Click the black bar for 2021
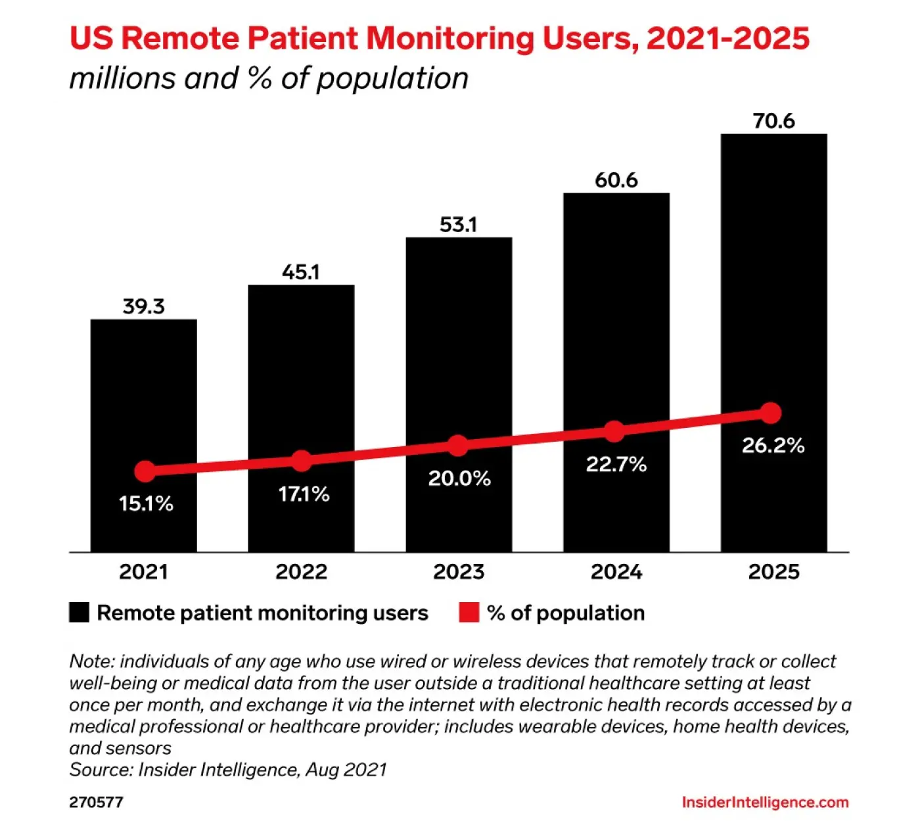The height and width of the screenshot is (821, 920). click(143, 394)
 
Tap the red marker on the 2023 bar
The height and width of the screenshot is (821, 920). click(458, 445)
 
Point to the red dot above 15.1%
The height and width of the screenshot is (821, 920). click(145, 471)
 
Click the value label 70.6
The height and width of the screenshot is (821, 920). click(773, 121)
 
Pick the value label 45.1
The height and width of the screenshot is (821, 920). click(301, 271)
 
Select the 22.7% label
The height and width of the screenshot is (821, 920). click(616, 465)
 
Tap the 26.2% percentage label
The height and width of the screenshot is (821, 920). click(773, 446)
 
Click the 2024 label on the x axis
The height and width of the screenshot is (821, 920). click(616, 572)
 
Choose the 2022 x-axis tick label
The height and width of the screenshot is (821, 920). click(301, 572)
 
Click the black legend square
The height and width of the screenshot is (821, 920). click(79, 613)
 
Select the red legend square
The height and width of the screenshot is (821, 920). click(469, 613)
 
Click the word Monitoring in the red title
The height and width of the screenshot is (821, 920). click(450, 38)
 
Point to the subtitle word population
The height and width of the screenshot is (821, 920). click(392, 78)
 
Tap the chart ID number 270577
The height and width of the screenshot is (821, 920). click(96, 802)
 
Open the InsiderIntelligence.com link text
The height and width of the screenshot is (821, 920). click(765, 802)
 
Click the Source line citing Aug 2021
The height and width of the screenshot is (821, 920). click(228, 770)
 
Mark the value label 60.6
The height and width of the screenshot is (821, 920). click(616, 180)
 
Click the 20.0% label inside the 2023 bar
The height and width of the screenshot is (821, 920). click(459, 479)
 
